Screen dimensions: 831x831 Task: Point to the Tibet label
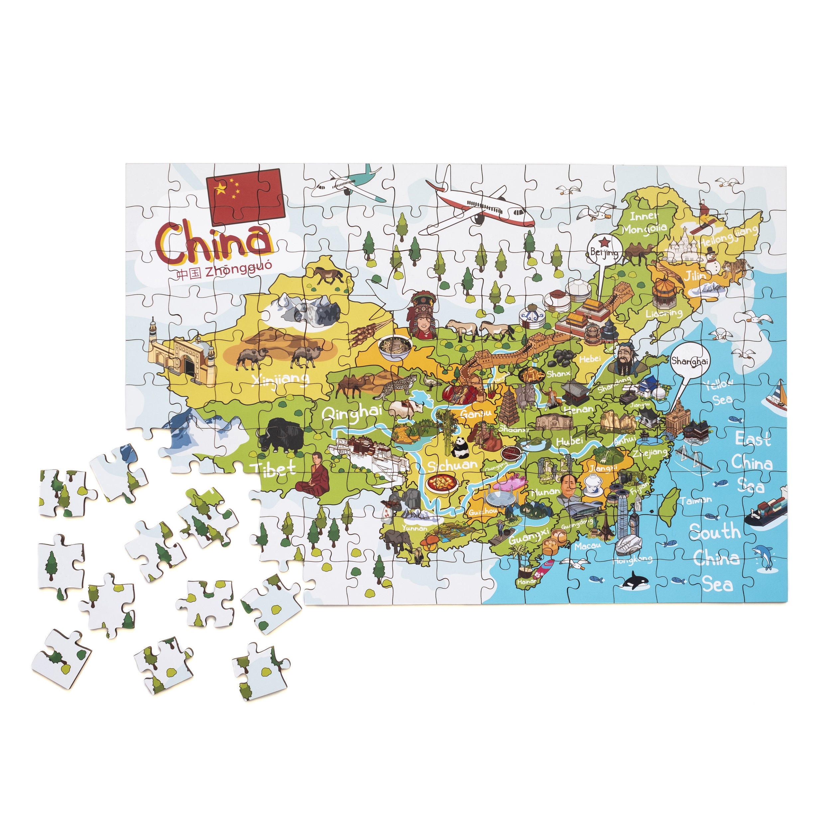pyautogui.click(x=274, y=468)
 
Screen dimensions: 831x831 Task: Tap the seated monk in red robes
pyautogui.click(x=315, y=474)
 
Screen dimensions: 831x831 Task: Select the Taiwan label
pyautogui.click(x=695, y=500)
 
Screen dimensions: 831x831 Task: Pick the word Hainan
pyautogui.click(x=527, y=581)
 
